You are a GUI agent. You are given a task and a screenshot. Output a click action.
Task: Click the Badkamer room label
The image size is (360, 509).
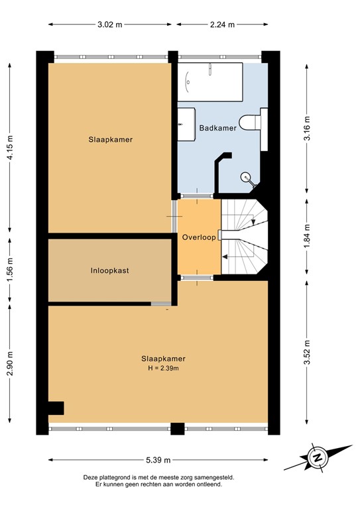tap(217, 129)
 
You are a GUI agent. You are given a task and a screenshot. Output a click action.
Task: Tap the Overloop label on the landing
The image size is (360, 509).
tap(198, 237)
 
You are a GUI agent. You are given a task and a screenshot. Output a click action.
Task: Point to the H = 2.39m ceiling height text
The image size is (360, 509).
tap(158, 368)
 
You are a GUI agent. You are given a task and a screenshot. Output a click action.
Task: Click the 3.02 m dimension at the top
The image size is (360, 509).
tap(109, 25)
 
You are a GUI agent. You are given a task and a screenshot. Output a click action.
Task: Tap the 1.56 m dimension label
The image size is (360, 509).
tap(9, 271)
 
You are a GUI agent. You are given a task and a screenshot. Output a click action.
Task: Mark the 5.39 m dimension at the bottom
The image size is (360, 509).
tap(158, 459)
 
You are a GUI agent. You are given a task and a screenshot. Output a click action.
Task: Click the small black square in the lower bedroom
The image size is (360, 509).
tap(56, 408)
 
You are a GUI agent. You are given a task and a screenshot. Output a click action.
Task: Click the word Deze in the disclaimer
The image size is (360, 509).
tap(90, 477)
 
